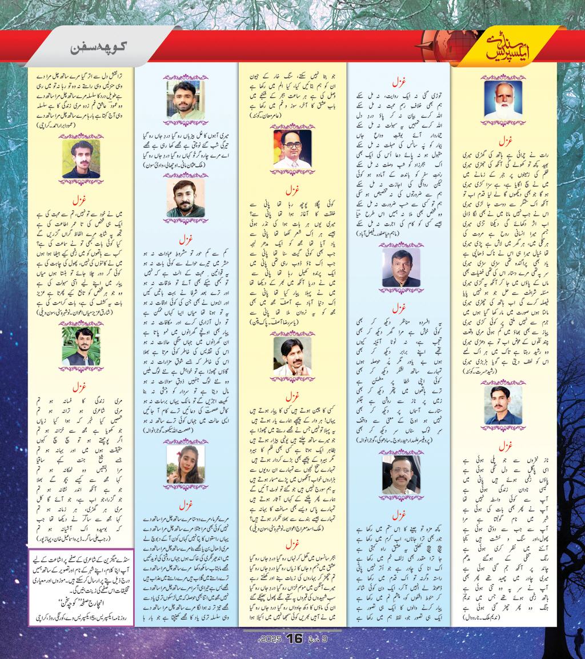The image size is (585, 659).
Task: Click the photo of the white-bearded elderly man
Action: tap(503, 99)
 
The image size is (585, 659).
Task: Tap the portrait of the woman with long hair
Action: tap(185, 463)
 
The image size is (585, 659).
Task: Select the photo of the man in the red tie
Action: tap(292, 149)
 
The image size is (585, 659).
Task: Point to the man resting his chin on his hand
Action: tap(292, 355)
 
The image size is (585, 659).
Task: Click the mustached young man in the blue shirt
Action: tap(503, 405)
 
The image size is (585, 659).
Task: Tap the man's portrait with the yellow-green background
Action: tap(81, 158)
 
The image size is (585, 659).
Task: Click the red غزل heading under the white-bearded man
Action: tap(503, 139)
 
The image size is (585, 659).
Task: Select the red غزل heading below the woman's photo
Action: tap(185, 505)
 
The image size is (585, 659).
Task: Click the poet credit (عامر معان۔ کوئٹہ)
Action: tap(292, 116)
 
